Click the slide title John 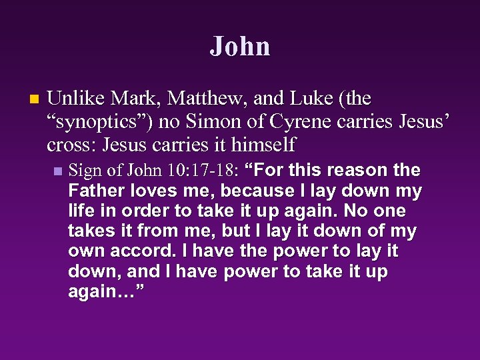pos(240,47)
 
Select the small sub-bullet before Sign pos(57,171)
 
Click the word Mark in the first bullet pos(136,99)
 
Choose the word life pos(81,211)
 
